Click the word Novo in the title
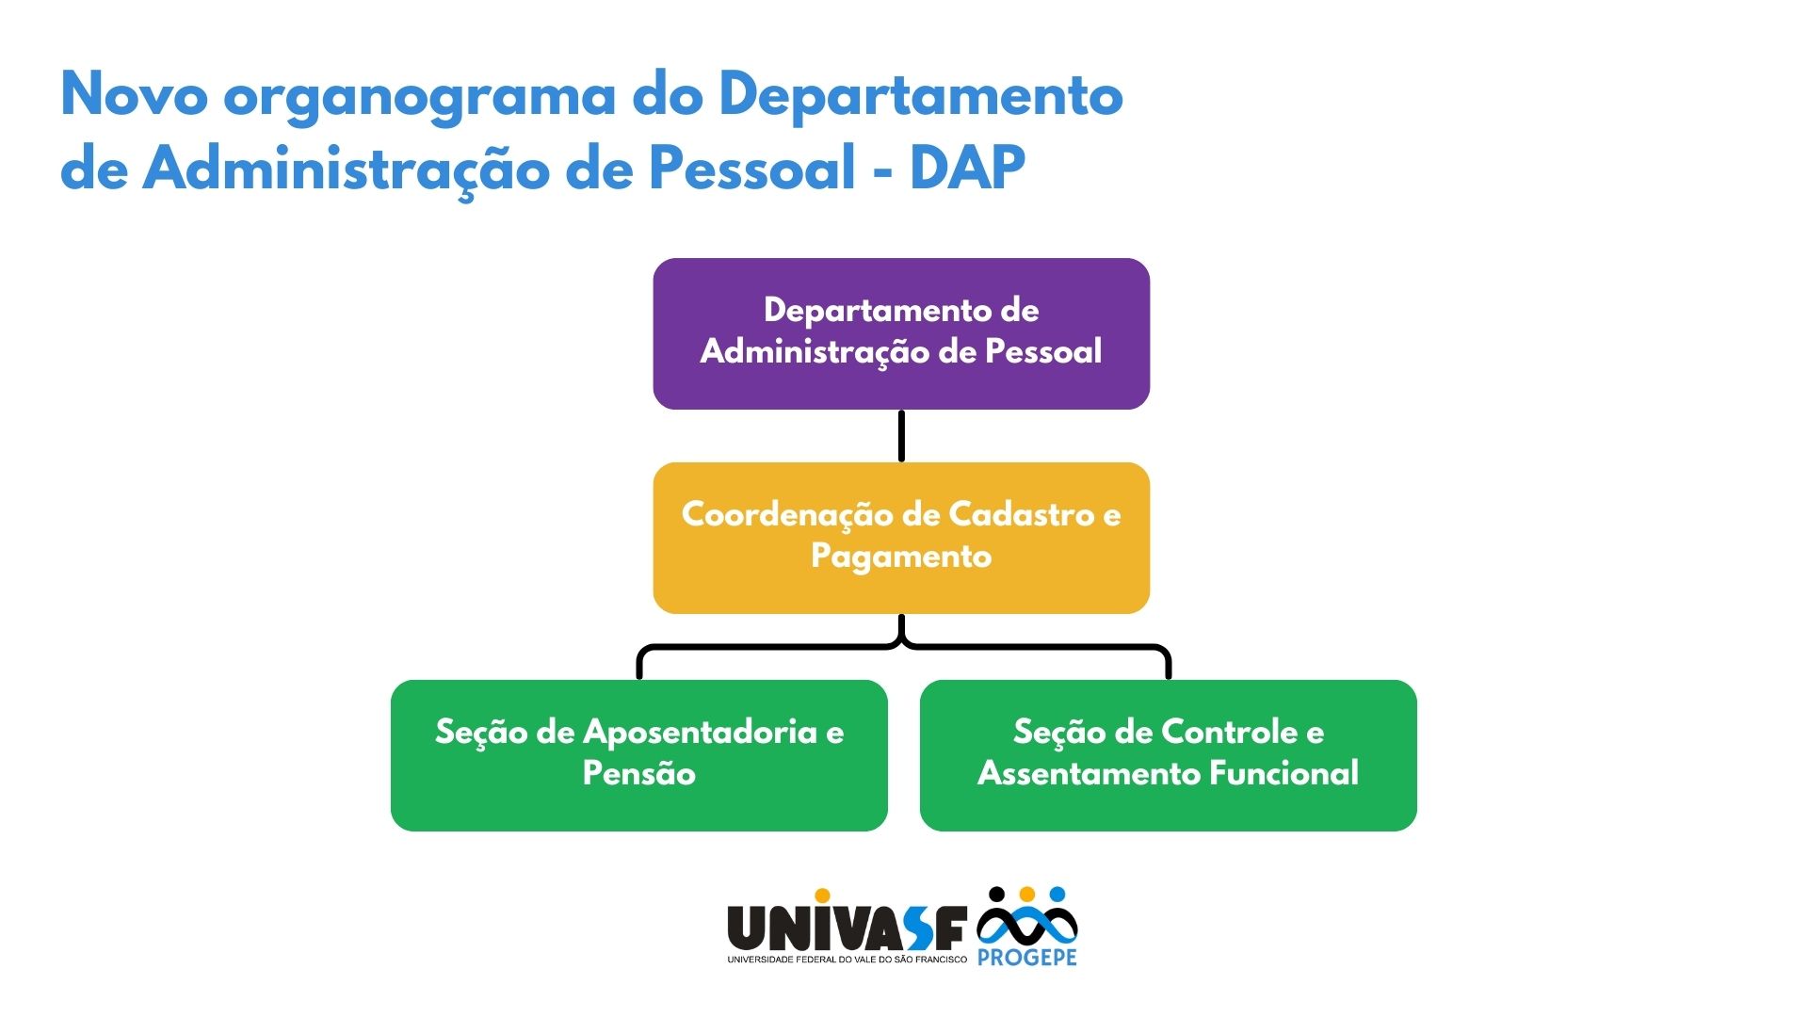(135, 94)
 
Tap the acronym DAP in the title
(967, 168)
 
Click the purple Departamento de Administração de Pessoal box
(901, 333)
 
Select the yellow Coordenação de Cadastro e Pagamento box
(901, 538)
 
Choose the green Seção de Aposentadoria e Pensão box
(639, 755)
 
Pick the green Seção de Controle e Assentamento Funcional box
(1169, 755)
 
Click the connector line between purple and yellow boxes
(901, 436)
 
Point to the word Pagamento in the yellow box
(901, 557)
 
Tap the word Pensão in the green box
(639, 773)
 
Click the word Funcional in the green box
(1283, 773)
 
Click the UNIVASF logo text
(847, 928)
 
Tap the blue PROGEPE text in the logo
(1026, 958)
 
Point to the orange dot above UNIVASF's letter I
(822, 896)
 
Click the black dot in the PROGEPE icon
(996, 894)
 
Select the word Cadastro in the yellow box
(1021, 514)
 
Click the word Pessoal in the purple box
(1043, 351)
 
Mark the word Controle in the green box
(1229, 732)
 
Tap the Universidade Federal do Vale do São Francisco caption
(847, 960)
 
